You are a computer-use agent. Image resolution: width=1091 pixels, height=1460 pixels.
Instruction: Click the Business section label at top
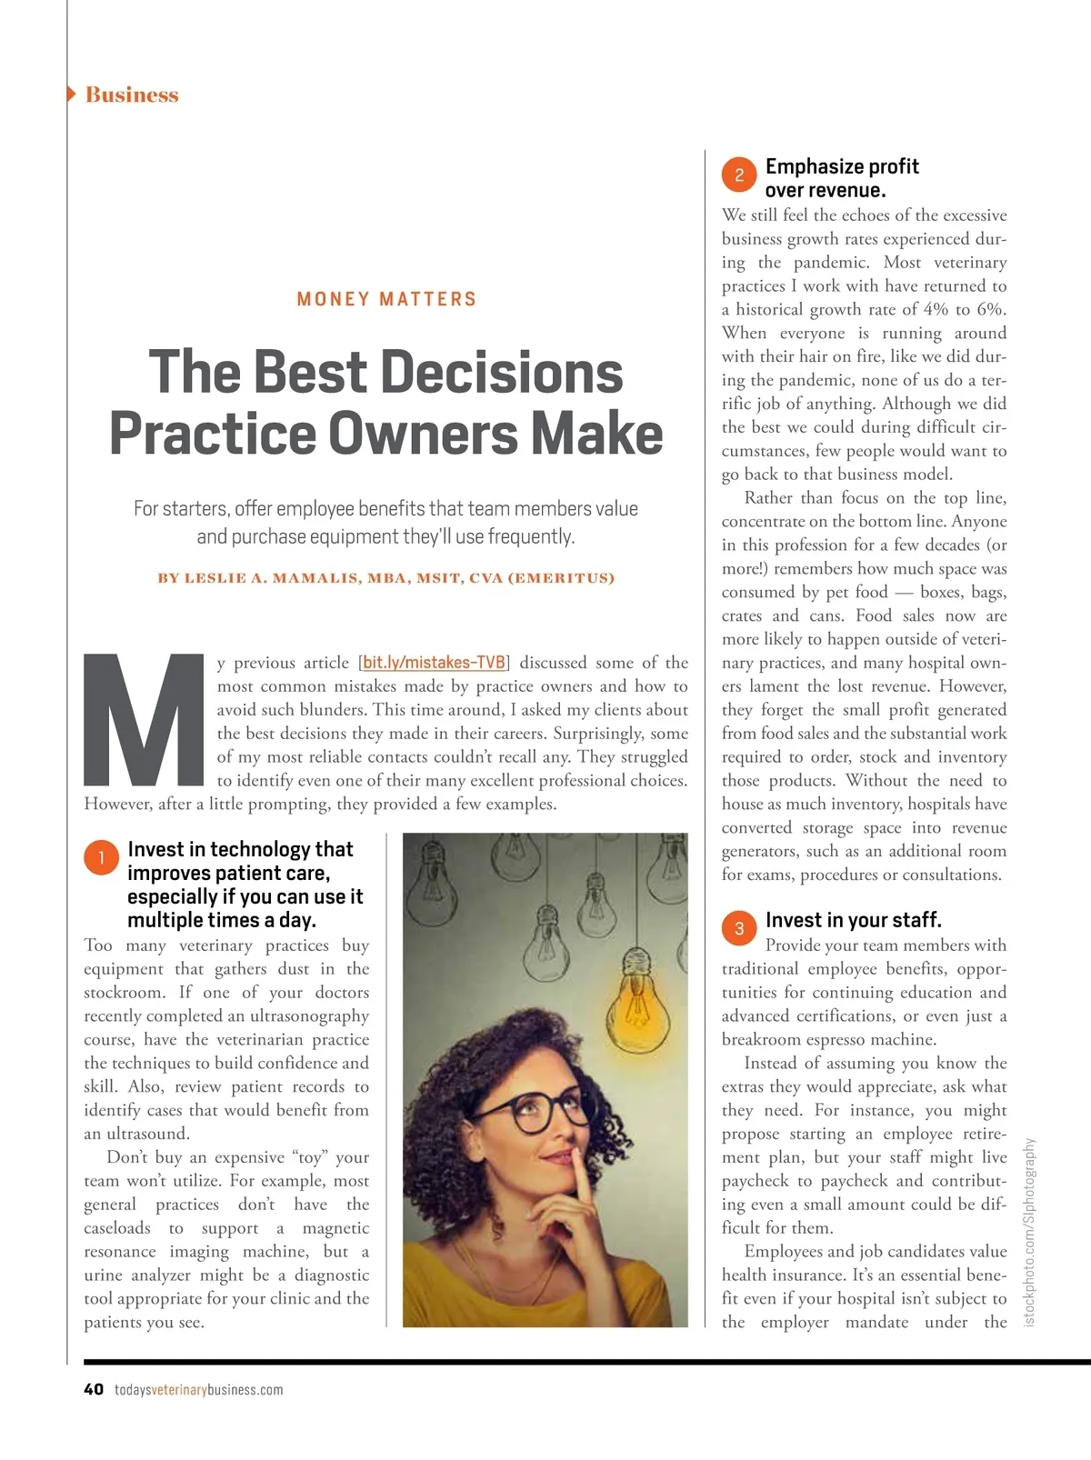point(132,95)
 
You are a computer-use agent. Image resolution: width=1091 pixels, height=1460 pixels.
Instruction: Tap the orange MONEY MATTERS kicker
point(386,299)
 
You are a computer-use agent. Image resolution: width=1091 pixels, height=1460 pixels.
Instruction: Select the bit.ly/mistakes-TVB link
point(434,663)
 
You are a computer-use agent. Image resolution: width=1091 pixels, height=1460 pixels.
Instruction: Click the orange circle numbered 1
point(101,857)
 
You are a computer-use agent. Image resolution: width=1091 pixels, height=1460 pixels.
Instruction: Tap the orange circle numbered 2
point(739,175)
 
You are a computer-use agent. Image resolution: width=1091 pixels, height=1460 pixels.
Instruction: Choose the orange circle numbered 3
point(739,928)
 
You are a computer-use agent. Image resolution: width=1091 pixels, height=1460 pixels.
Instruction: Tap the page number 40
point(94,1389)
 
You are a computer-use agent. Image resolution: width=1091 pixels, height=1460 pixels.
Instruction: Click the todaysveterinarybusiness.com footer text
point(198,1390)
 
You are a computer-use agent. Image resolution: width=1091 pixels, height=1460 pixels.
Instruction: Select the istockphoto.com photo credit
point(1029,1231)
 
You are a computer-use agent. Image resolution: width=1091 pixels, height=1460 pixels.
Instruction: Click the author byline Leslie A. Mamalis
point(386,578)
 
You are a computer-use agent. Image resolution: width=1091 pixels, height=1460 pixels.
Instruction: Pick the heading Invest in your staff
point(853,920)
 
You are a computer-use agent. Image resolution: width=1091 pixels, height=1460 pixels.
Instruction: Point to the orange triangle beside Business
point(72,94)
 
